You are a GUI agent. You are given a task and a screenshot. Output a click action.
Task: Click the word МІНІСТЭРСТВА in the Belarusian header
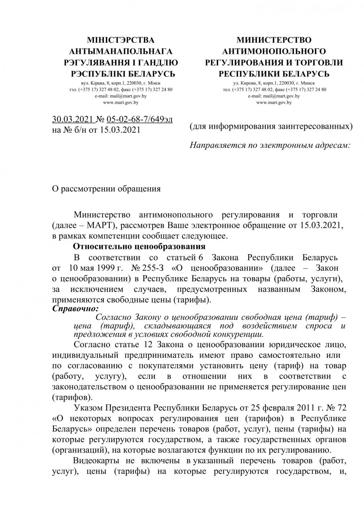[121, 40]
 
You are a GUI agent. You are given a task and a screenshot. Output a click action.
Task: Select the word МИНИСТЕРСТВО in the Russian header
[274, 40]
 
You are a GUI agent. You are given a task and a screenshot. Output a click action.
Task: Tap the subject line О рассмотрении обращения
[107, 188]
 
